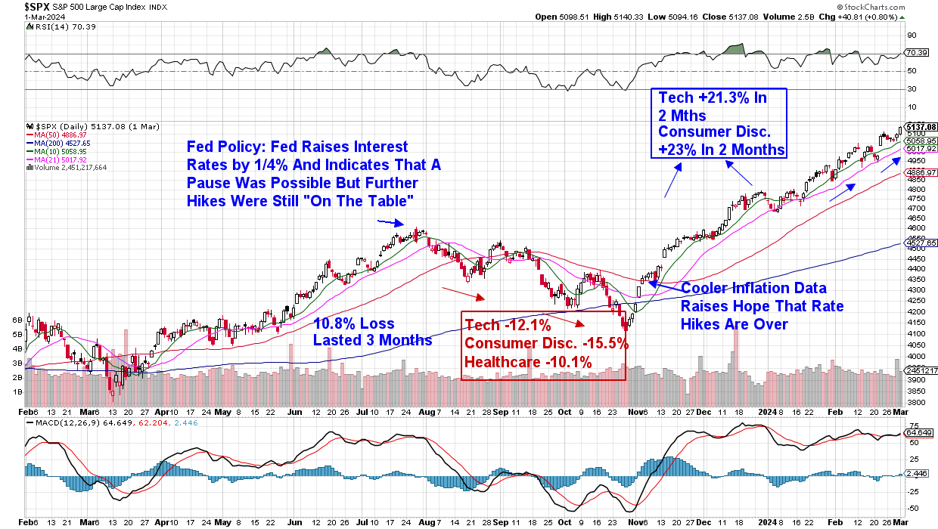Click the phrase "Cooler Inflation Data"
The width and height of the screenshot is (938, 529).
(753, 288)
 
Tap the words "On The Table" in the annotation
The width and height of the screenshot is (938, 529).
(378, 200)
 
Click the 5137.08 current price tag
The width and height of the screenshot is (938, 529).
(921, 126)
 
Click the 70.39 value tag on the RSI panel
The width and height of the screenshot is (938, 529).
(917, 53)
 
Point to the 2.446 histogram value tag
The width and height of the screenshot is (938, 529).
(917, 474)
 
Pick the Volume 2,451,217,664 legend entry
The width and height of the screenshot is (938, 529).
(71, 166)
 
